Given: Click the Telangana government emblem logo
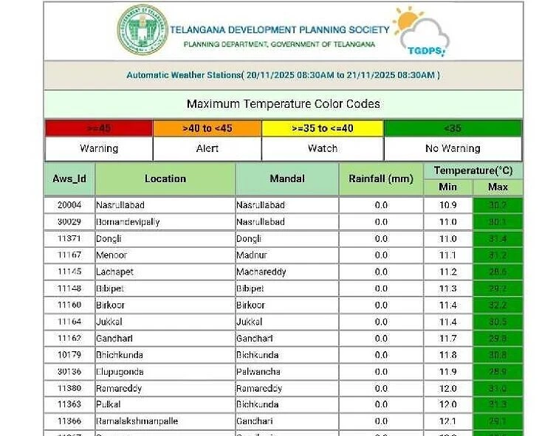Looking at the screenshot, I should (143, 30).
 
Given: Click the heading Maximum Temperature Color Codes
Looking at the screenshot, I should (283, 104).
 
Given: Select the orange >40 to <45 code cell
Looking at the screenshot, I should (207, 128).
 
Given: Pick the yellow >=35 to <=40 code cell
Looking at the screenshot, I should (322, 128).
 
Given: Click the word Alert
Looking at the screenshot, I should (207, 148).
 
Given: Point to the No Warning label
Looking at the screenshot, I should (452, 148).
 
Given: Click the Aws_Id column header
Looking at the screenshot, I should (69, 179).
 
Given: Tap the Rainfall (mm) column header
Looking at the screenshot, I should (380, 179).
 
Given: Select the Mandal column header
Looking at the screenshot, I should (287, 179).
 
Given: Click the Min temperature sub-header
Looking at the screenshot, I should (447, 187).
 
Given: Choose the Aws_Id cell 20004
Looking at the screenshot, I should (69, 205).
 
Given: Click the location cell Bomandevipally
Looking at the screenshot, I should (128, 222).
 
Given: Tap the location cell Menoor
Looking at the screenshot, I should (111, 255).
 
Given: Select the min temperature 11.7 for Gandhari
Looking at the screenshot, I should (447, 339).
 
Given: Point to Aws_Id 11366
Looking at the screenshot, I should (69, 421).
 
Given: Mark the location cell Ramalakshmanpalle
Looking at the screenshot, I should (137, 421).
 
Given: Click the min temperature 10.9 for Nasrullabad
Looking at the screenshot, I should (447, 205).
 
